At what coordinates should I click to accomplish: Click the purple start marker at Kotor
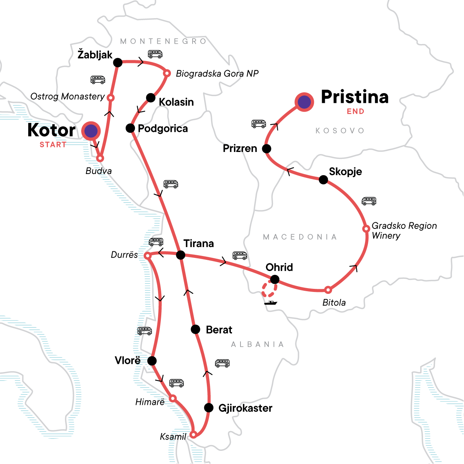tap(91, 131)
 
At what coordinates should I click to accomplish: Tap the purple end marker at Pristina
tap(304, 102)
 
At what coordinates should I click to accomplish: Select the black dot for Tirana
tap(181, 255)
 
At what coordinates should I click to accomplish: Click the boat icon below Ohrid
tap(271, 302)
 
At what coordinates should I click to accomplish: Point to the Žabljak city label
tap(95, 55)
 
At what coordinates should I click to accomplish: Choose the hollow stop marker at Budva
tap(100, 158)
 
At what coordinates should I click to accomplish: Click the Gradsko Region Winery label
tap(404, 230)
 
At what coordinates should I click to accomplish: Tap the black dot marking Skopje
tap(323, 179)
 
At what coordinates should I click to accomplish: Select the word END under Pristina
tap(355, 111)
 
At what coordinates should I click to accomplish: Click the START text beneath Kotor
tap(53, 145)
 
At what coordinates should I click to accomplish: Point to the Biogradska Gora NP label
tap(217, 73)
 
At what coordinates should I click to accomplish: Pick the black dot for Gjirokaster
tap(209, 408)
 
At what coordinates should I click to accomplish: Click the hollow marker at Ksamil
tap(194, 434)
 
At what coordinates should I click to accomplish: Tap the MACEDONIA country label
tap(300, 237)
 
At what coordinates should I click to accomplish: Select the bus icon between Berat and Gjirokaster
tap(222, 363)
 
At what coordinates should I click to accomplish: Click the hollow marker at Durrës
tap(147, 256)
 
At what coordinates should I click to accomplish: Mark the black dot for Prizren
tap(266, 148)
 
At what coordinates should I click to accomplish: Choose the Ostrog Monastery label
tap(68, 96)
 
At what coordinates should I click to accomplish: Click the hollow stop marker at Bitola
tap(328, 290)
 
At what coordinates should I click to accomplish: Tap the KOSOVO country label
tap(340, 131)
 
